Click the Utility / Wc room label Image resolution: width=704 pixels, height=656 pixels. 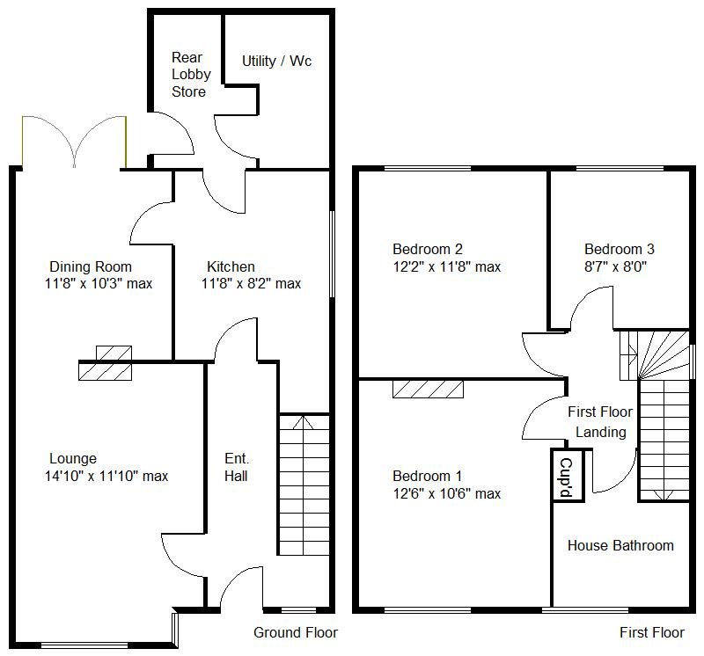pos(276,62)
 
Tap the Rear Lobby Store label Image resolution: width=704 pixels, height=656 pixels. pos(190,75)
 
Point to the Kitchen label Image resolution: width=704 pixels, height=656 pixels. pos(231,266)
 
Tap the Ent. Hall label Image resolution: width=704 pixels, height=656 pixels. pos(236,468)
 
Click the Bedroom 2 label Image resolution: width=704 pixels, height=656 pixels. pos(428,249)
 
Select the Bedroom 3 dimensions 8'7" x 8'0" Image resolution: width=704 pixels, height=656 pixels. pos(619,266)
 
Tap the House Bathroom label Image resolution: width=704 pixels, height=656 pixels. pos(620,545)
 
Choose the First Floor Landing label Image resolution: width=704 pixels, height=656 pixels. pos(601,421)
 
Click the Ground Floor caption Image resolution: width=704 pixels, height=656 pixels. pos(295,632)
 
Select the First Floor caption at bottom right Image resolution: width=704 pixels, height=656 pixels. pos(651,632)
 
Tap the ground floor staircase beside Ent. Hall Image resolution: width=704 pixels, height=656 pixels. pos(304,484)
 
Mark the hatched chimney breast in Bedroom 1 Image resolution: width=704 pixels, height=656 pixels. pos(428,388)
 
